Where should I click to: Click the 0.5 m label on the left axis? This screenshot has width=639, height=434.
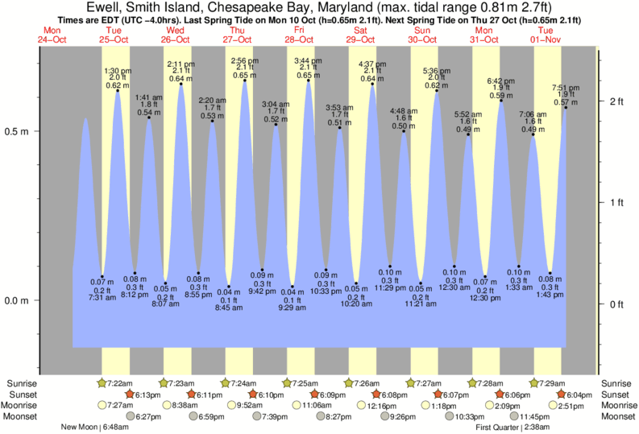[x=17, y=131]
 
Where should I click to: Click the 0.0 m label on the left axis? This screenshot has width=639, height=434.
[x=17, y=301]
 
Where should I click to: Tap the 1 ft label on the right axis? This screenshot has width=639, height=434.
[x=617, y=202]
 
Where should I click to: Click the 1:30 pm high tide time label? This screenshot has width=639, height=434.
[x=118, y=70]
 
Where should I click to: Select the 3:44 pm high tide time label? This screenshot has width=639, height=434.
[x=307, y=61]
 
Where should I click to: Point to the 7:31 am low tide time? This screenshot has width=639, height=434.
[x=102, y=298]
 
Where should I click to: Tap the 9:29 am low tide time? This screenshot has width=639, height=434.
[x=293, y=308]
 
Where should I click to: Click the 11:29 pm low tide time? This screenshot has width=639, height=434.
[x=390, y=288]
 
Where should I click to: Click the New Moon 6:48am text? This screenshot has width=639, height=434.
[x=96, y=427]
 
